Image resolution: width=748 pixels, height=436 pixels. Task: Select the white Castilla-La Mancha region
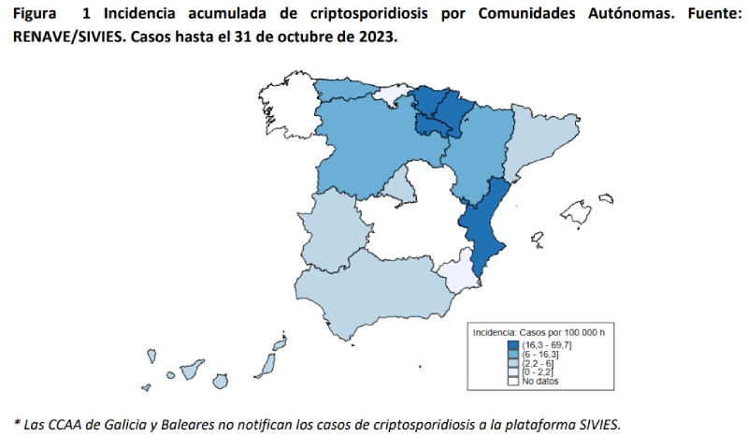tap(411, 229)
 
